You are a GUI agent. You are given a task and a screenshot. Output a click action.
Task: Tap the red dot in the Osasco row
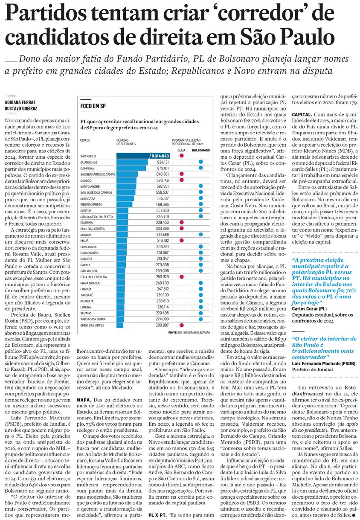coord(182,180)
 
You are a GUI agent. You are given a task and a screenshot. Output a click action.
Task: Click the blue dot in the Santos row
coord(200,211)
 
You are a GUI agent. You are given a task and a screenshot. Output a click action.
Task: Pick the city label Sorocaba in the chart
coord(88,199)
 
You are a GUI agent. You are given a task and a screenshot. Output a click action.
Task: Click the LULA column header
coord(181,151)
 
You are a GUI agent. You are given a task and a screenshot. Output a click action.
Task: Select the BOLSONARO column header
coord(200,151)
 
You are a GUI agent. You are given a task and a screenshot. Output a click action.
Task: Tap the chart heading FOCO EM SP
coord(93,105)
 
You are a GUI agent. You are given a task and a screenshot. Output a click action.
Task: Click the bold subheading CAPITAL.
coord(302,115)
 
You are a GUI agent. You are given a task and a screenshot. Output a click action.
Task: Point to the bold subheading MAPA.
coord(83,400)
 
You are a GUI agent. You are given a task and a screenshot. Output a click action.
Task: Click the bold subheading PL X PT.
coord(157,515)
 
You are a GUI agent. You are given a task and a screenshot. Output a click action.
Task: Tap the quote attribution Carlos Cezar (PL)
coord(309,308)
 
